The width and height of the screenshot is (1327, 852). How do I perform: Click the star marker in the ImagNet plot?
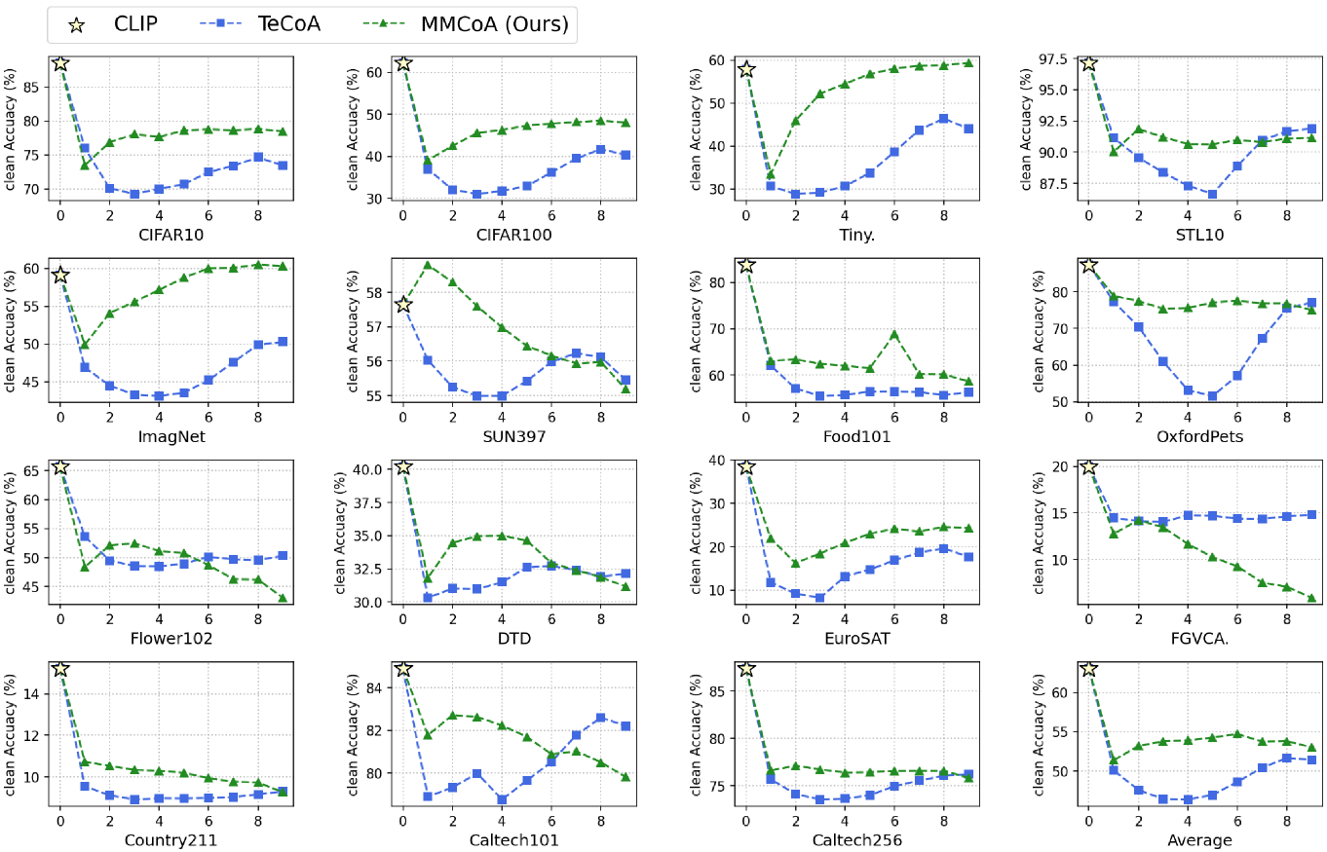tap(60, 276)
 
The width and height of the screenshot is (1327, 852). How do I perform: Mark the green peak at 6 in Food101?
tap(893, 334)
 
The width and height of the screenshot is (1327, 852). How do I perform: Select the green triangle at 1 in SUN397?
tap(428, 265)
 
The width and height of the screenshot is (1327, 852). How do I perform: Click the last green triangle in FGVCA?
tap(1311, 598)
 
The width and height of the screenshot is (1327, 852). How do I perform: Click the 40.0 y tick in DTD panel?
tap(367, 468)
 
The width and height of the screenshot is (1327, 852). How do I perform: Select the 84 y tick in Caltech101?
tap(375, 687)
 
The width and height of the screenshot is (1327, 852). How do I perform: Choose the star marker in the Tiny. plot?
tap(746, 69)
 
